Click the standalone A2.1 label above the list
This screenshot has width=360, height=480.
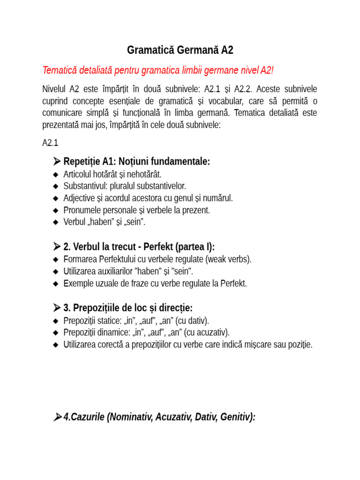[50, 143]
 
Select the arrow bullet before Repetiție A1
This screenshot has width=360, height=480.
[56, 162]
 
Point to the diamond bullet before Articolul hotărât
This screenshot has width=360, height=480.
[56, 174]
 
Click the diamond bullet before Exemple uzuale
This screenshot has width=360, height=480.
[56, 284]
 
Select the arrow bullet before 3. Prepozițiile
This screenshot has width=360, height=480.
[56, 308]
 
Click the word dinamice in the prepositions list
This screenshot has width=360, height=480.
[113, 333]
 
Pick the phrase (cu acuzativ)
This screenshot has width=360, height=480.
[207, 333]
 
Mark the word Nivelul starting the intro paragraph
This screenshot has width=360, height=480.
[54, 89]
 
